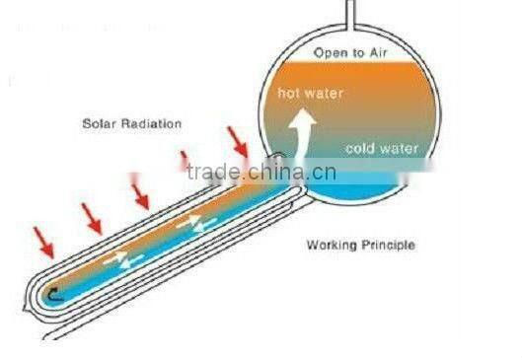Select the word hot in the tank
click(289, 95)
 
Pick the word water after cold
click(400, 150)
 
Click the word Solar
click(100, 123)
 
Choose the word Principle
click(385, 245)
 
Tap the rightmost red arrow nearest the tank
click(239, 142)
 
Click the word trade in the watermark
click(212, 175)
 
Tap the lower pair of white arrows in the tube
click(125, 259)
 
